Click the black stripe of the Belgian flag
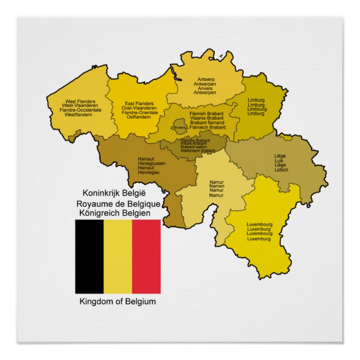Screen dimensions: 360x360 tap(89, 257)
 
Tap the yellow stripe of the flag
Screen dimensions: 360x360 tap(117, 257)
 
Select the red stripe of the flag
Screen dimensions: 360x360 tap(146, 257)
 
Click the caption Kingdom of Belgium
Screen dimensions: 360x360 tap(118, 302)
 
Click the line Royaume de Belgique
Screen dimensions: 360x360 tap(118, 202)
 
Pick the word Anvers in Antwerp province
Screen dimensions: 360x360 tap(205, 88)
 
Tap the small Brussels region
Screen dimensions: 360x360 tap(179, 125)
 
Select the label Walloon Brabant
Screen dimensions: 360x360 tap(195, 141)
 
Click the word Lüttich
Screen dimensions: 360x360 tap(281, 170)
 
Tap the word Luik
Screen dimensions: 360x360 tap(280, 161)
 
